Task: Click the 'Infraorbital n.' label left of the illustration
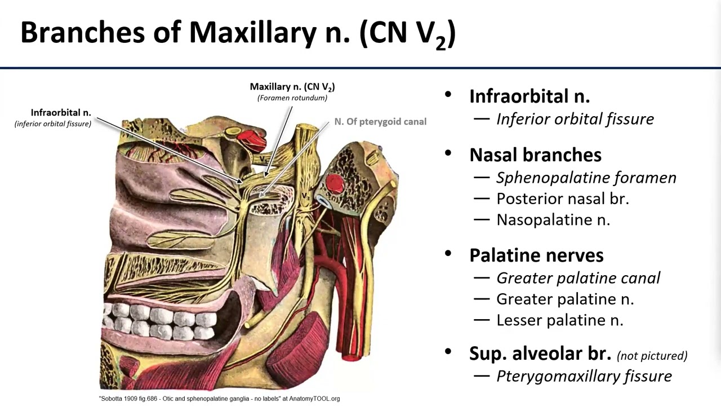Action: [x=61, y=113]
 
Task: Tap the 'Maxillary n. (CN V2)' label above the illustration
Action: [x=292, y=87]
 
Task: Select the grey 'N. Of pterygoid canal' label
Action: [x=380, y=121]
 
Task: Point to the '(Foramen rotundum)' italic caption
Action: [x=292, y=98]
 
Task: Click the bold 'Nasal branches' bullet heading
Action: [x=535, y=155]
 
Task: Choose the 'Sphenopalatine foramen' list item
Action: [x=586, y=178]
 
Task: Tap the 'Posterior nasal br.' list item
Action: [x=562, y=198]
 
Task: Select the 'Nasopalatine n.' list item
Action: [x=553, y=219]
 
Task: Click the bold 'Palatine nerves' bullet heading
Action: [x=536, y=255]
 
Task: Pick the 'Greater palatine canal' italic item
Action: [x=578, y=278]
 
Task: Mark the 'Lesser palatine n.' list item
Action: [x=559, y=320]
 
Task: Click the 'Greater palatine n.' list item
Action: [x=565, y=299]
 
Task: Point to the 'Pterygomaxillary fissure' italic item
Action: [x=584, y=376]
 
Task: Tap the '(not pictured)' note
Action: [x=652, y=355]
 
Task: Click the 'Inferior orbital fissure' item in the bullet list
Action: [x=575, y=119]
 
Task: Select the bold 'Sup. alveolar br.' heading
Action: [x=540, y=354]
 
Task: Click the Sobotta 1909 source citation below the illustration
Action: [x=219, y=399]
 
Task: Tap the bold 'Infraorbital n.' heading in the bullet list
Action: [x=529, y=96]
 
